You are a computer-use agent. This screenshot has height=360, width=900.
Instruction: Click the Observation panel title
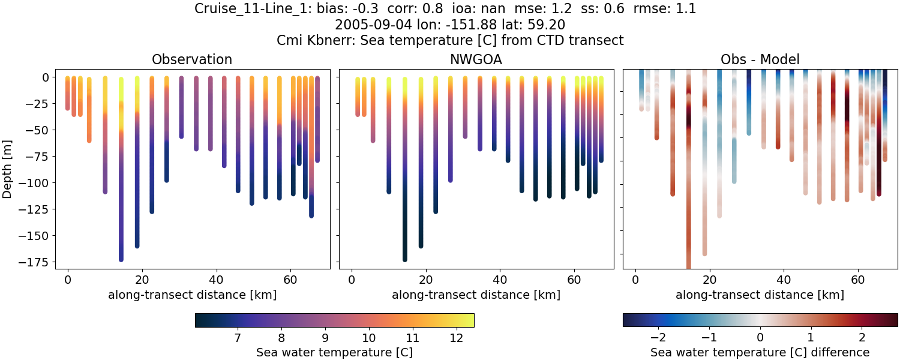tap(192, 59)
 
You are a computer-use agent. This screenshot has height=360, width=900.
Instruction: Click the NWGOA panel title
tap(476, 59)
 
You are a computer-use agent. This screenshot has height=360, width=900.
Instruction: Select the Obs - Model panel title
tap(760, 59)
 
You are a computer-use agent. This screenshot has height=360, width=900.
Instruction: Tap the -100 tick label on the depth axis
tap(37, 183)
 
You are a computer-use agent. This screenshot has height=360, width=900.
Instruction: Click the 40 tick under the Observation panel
tap(216, 279)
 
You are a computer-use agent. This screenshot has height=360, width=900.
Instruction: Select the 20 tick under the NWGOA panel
tap(426, 279)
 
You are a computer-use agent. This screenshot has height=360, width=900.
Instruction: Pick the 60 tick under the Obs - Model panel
tap(858, 279)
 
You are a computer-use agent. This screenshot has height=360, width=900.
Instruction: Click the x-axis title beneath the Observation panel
tap(192, 295)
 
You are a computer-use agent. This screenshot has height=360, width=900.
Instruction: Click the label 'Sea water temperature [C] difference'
tap(760, 352)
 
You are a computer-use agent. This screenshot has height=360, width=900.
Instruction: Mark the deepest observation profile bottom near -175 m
tap(121, 259)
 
